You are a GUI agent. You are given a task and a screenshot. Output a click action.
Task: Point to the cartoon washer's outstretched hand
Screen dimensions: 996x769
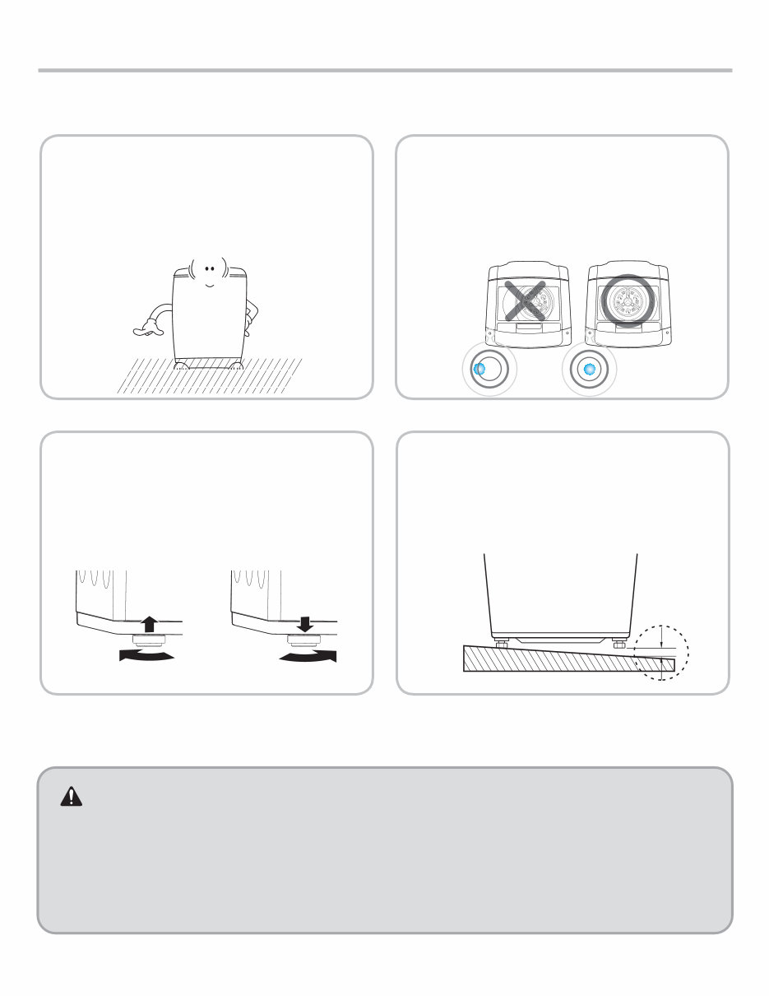click(146, 331)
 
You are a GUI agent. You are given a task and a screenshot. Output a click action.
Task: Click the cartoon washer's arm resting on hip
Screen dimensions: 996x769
click(252, 312)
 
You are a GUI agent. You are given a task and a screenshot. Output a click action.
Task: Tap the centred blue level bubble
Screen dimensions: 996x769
click(588, 370)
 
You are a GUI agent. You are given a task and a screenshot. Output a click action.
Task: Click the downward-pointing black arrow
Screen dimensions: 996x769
click(304, 623)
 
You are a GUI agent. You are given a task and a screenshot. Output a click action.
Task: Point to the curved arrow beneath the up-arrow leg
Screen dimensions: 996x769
click(146, 655)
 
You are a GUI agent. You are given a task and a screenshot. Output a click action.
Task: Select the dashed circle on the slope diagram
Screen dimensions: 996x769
click(661, 653)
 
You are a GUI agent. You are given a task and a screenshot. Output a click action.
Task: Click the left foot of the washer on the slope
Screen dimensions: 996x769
click(499, 643)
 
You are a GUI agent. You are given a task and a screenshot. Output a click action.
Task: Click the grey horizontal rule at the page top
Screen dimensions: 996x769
click(384, 71)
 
